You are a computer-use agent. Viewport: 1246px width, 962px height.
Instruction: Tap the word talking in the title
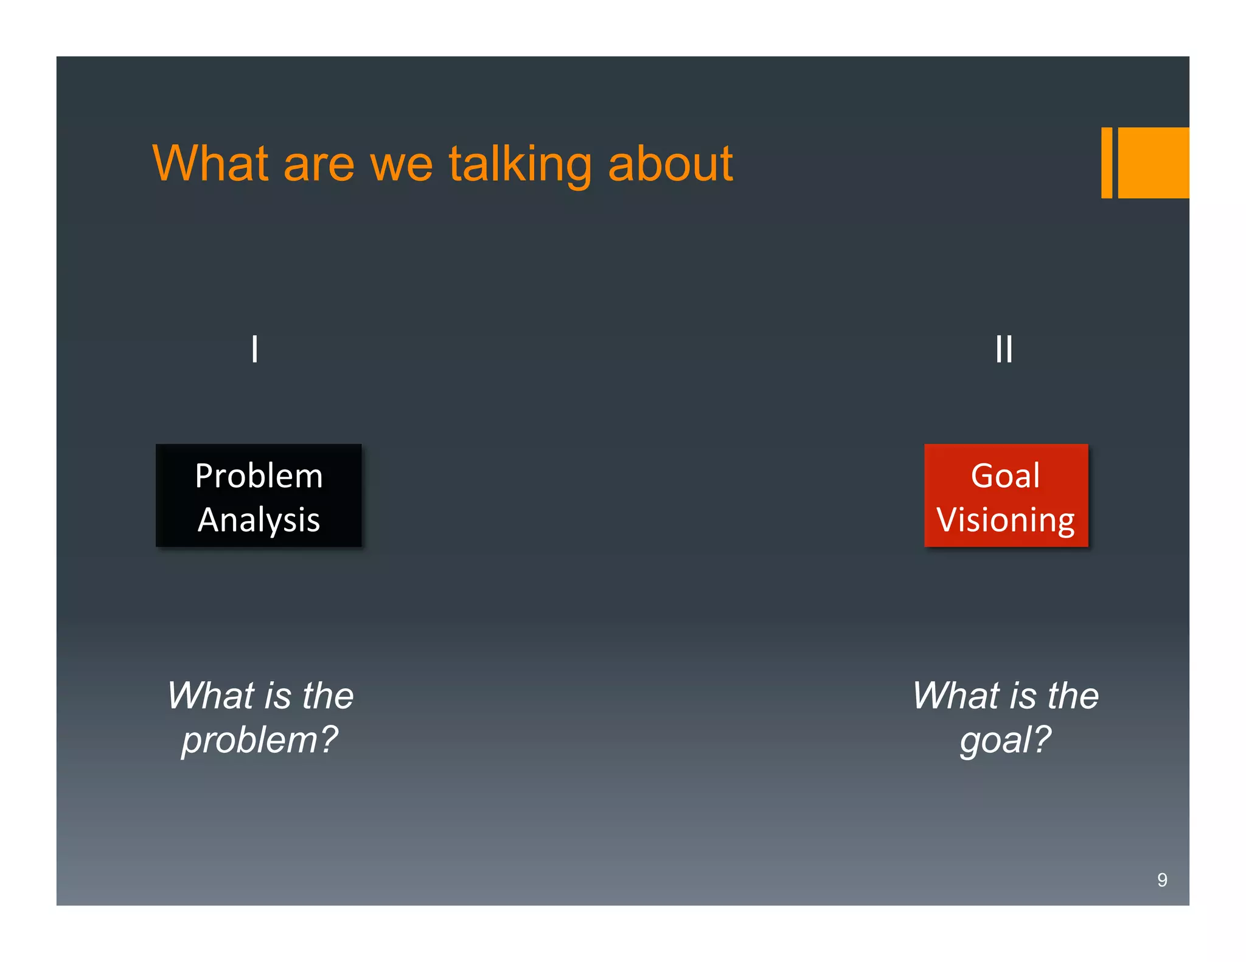[x=520, y=164]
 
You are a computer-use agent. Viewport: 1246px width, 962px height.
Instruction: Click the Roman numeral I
[x=254, y=349]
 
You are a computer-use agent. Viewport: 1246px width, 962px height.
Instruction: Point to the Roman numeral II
[x=1004, y=349]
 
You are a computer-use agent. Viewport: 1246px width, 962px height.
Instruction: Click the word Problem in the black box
[x=259, y=476]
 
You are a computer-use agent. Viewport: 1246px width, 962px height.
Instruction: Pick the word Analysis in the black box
[x=259, y=520]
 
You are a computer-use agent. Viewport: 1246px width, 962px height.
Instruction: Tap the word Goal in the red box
[x=1005, y=476]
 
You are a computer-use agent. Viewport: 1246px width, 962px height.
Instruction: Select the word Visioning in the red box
[x=1005, y=521]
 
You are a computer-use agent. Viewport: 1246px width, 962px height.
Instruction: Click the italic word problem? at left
[x=259, y=740]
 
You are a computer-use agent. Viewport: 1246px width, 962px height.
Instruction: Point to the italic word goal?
[x=1005, y=740]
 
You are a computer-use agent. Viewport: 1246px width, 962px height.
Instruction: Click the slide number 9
[x=1161, y=880]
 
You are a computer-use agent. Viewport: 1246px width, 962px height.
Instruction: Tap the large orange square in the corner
[x=1153, y=162]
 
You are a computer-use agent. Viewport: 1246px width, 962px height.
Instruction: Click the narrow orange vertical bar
[x=1106, y=162]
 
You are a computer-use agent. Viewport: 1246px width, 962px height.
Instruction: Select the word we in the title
[x=401, y=165]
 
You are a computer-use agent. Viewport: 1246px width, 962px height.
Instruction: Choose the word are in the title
[x=319, y=165]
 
